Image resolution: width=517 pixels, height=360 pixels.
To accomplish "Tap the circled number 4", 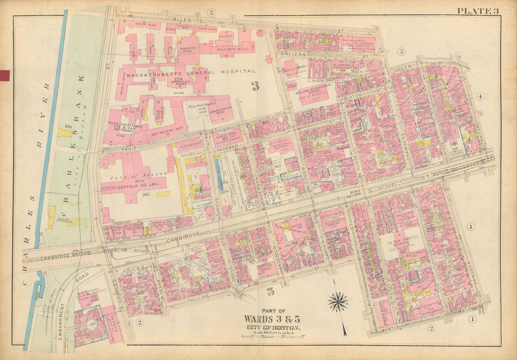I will click(x=479, y=97).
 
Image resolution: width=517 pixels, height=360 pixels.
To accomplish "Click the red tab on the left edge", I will click(x=6, y=76).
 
